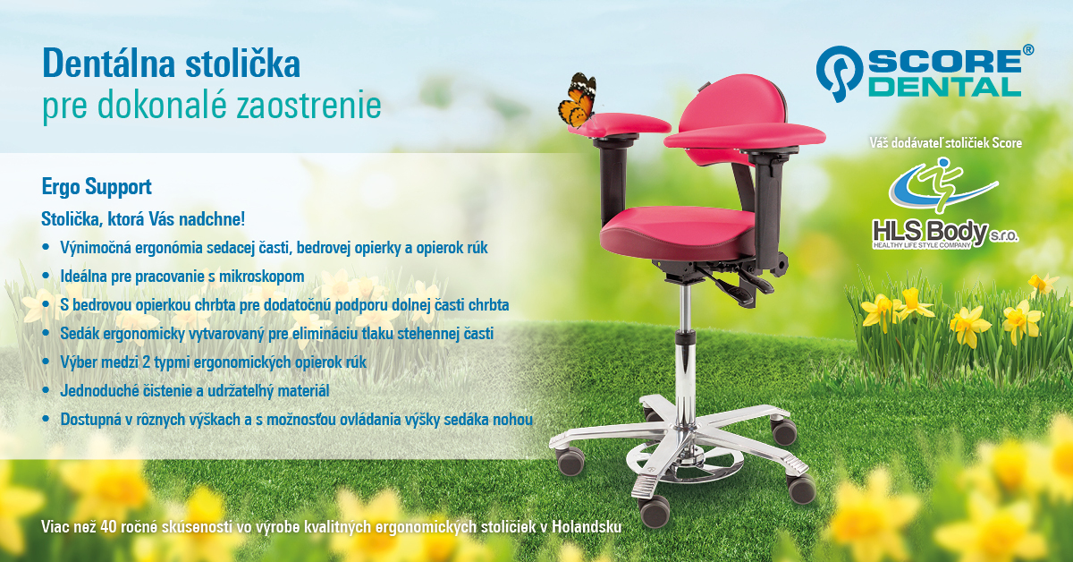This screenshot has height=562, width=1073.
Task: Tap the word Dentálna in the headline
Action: [x=109, y=63]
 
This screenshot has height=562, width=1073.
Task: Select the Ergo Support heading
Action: [x=97, y=186]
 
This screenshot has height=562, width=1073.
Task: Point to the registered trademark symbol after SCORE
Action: [x=1028, y=50]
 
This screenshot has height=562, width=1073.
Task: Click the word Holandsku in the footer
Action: [x=587, y=526]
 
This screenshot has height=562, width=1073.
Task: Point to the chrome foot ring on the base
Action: [x=684, y=461]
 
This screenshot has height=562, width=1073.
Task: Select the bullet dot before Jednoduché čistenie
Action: [x=46, y=390]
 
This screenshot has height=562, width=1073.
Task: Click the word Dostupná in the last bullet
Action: [x=90, y=420]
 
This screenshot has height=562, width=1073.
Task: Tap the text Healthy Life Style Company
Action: [x=922, y=245]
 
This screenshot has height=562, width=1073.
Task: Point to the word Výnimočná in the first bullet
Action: [x=96, y=247]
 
